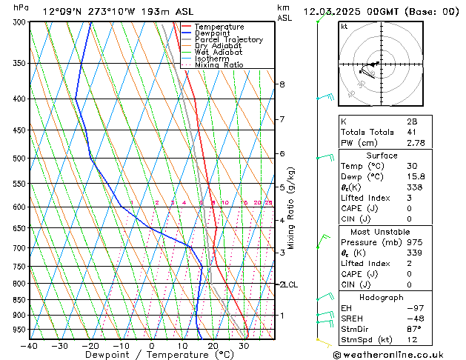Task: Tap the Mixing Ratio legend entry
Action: coord(222,65)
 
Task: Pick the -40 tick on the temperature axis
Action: coord(30,346)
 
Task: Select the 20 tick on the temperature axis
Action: coord(213,346)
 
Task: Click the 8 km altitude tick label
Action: coord(282,84)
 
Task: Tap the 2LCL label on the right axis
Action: coord(287,284)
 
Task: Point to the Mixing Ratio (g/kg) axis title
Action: coord(291,208)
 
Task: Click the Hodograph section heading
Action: coord(382,297)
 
